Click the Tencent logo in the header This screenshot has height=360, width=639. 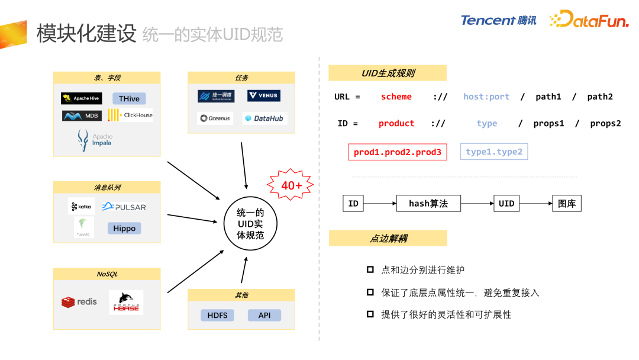click(x=498, y=20)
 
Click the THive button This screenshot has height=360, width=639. click(x=129, y=98)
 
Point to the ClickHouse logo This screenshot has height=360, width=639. click(x=130, y=115)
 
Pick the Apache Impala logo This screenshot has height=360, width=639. click(x=95, y=140)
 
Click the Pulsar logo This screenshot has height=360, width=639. click(x=124, y=207)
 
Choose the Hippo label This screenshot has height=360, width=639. click(x=124, y=228)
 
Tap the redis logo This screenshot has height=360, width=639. click(x=79, y=302)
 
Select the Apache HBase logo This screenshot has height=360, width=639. click(x=126, y=302)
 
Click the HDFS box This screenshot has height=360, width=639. click(x=217, y=315)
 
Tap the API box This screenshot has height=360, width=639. click(x=264, y=315)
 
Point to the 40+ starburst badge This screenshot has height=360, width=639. click(x=291, y=185)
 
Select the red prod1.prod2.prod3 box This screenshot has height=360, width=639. click(x=398, y=152)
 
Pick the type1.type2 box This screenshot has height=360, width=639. click(x=494, y=152)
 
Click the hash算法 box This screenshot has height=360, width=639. click(x=428, y=204)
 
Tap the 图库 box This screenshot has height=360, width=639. click(x=566, y=204)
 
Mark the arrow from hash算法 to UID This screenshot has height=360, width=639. click(x=477, y=204)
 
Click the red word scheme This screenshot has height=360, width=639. click(x=396, y=97)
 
